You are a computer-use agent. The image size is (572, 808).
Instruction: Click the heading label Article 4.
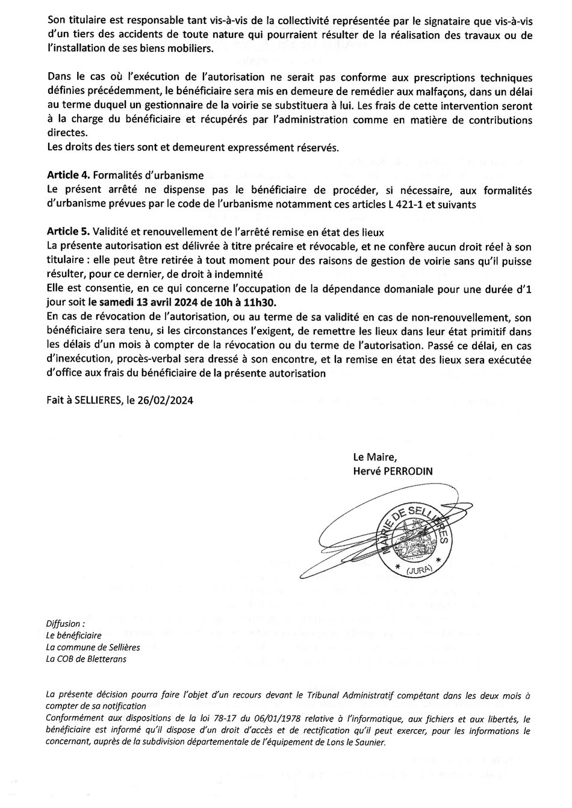[x=68, y=176]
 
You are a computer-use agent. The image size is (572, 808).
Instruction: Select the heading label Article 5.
[x=68, y=232]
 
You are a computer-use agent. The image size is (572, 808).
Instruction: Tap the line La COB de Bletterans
[x=86, y=658]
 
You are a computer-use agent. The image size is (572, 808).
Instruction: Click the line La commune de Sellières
[x=93, y=647]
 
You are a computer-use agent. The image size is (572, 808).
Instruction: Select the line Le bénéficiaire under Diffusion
[x=73, y=635]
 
